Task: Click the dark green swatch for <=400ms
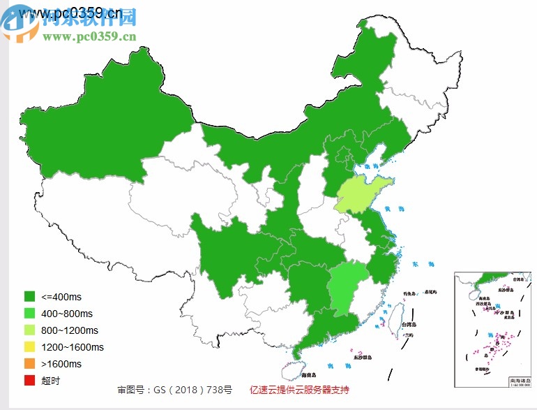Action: (x=29, y=296)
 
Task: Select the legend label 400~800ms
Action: (x=67, y=314)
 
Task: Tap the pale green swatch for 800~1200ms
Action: (x=29, y=330)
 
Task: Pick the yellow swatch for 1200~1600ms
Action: (x=29, y=347)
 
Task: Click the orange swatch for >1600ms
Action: (x=29, y=364)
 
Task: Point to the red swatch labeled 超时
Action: (x=29, y=381)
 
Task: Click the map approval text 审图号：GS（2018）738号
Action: (x=174, y=390)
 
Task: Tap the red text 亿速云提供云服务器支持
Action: (x=299, y=390)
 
